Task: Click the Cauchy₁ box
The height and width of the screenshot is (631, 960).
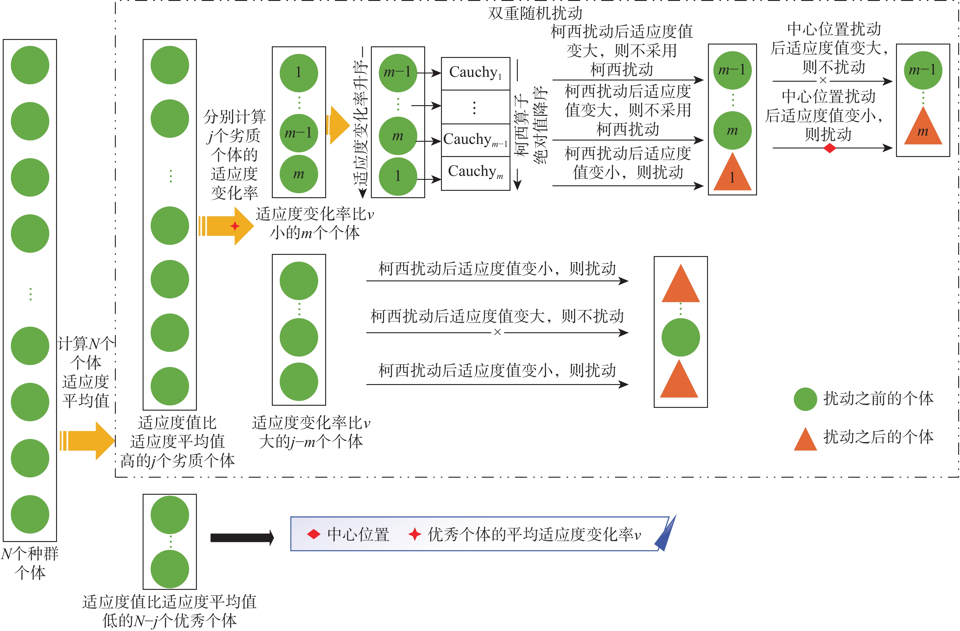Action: (475, 73)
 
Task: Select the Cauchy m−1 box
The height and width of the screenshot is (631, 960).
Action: (475, 140)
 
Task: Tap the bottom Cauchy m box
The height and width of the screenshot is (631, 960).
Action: (475, 173)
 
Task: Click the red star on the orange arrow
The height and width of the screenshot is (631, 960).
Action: (235, 226)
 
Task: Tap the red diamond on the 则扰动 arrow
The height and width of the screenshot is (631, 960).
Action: (829, 148)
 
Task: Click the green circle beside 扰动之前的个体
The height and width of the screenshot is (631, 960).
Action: (805, 399)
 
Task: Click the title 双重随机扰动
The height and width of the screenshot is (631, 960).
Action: (535, 13)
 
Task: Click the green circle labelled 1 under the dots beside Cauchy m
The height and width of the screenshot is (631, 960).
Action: (398, 176)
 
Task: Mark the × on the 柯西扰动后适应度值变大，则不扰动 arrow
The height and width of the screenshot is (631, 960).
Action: (497, 333)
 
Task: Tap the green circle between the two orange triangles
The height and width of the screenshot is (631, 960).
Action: (681, 337)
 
